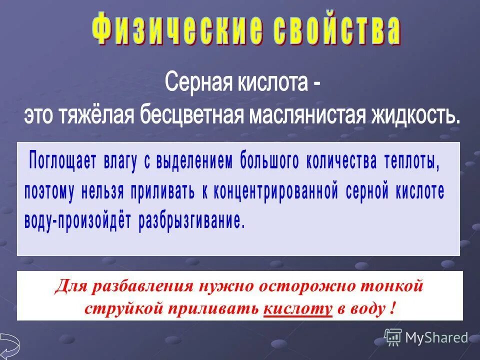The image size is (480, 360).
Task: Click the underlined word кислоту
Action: [x=297, y=308]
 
